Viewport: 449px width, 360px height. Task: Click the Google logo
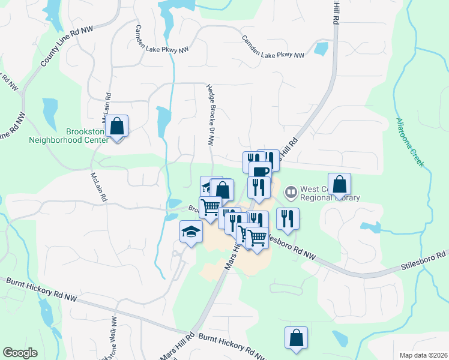tap(20, 353)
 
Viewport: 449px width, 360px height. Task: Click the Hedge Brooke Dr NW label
tap(211, 114)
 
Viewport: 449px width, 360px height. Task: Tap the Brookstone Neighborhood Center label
tap(68, 136)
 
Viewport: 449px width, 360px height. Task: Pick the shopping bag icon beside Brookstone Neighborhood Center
tap(117, 127)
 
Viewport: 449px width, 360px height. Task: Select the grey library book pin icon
tap(291, 192)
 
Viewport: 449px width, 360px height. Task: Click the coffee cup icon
tap(259, 172)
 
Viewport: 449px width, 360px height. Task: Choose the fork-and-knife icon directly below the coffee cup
tap(259, 187)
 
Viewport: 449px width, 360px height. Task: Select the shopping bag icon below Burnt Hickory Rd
tap(297, 338)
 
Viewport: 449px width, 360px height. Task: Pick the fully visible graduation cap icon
tap(191, 232)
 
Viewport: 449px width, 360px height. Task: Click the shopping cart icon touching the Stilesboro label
tap(258, 237)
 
